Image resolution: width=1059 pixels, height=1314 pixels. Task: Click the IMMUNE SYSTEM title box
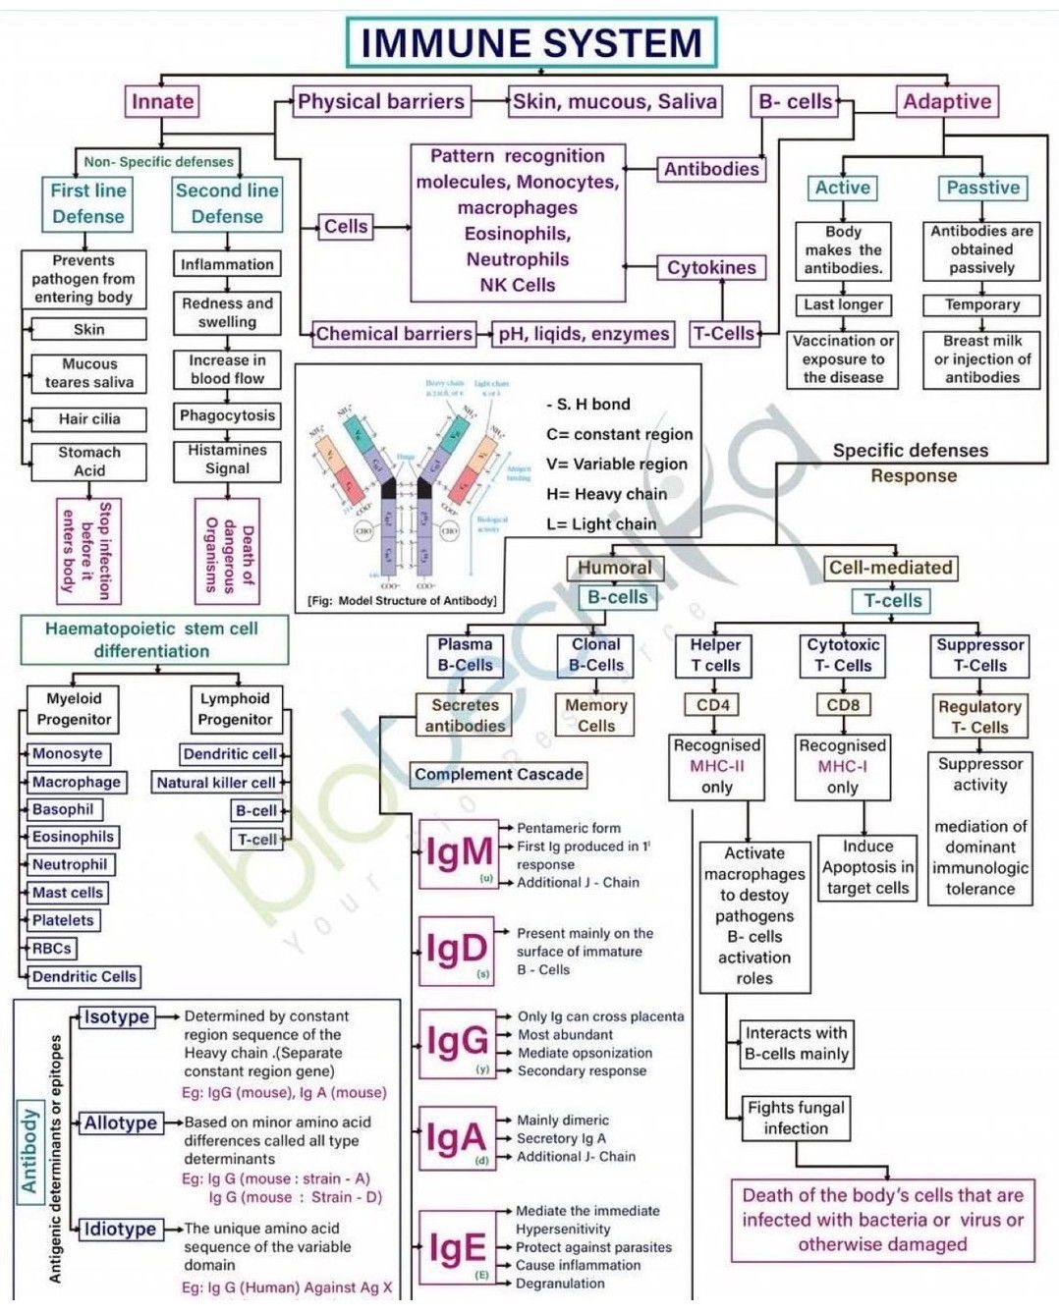(531, 43)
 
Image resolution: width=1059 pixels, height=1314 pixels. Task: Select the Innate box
(162, 101)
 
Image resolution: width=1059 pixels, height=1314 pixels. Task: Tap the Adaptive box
(947, 101)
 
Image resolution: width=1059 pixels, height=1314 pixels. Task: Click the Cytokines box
(711, 267)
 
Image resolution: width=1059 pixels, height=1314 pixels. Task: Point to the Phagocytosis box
(227, 415)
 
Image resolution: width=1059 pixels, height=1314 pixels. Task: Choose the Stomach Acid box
(89, 462)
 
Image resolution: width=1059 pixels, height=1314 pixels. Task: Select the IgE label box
(457, 1248)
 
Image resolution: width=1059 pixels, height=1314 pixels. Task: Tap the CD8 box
(843, 705)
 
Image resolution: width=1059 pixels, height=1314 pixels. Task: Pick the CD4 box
(713, 705)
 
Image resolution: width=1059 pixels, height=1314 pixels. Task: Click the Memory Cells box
(595, 715)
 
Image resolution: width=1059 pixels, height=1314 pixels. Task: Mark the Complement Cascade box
(499, 774)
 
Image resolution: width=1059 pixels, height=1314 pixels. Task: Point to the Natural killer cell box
(216, 783)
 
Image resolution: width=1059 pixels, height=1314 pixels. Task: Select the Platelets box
(63, 920)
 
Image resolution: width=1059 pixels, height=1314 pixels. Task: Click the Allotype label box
(121, 1122)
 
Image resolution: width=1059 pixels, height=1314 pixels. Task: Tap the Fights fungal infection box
(796, 1118)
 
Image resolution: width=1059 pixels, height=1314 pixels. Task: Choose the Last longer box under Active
(843, 304)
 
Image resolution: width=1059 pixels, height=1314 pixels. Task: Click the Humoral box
(615, 568)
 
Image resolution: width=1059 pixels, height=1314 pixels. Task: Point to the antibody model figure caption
(402, 600)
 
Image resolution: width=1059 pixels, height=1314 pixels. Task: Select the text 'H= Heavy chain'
(606, 494)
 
